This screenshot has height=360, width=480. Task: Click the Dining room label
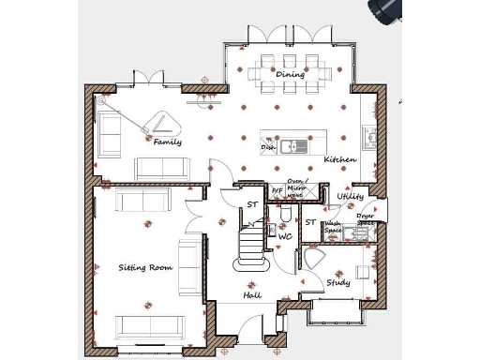tap(290, 73)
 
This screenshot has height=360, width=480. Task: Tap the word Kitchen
tap(339, 160)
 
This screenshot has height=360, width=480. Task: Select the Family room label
tap(168, 142)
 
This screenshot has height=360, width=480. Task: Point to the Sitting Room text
tap(146, 268)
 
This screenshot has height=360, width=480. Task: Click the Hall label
tap(252, 295)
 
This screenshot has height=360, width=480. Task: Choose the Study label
tap(337, 282)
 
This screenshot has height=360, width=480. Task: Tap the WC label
tap(285, 237)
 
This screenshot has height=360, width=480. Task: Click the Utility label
tap(350, 197)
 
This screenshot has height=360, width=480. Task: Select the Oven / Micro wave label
tap(297, 188)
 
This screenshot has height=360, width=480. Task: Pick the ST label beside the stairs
tap(251, 204)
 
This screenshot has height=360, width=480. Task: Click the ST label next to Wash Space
tap(310, 222)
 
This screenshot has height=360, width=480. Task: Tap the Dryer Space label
tap(366, 219)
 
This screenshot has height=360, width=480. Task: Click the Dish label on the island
tap(268, 147)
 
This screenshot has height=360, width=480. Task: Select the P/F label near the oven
tap(277, 191)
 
